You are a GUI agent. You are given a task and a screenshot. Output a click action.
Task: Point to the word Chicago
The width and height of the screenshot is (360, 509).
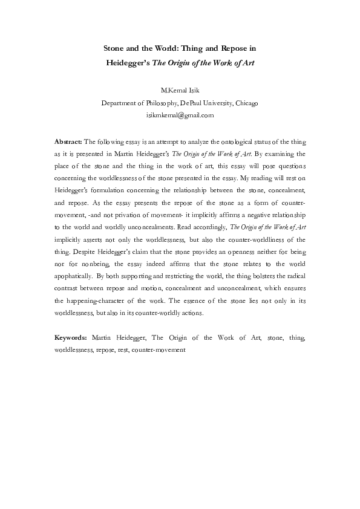[245, 103]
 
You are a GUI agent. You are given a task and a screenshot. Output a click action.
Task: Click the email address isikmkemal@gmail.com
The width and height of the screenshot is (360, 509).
[180, 114]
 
